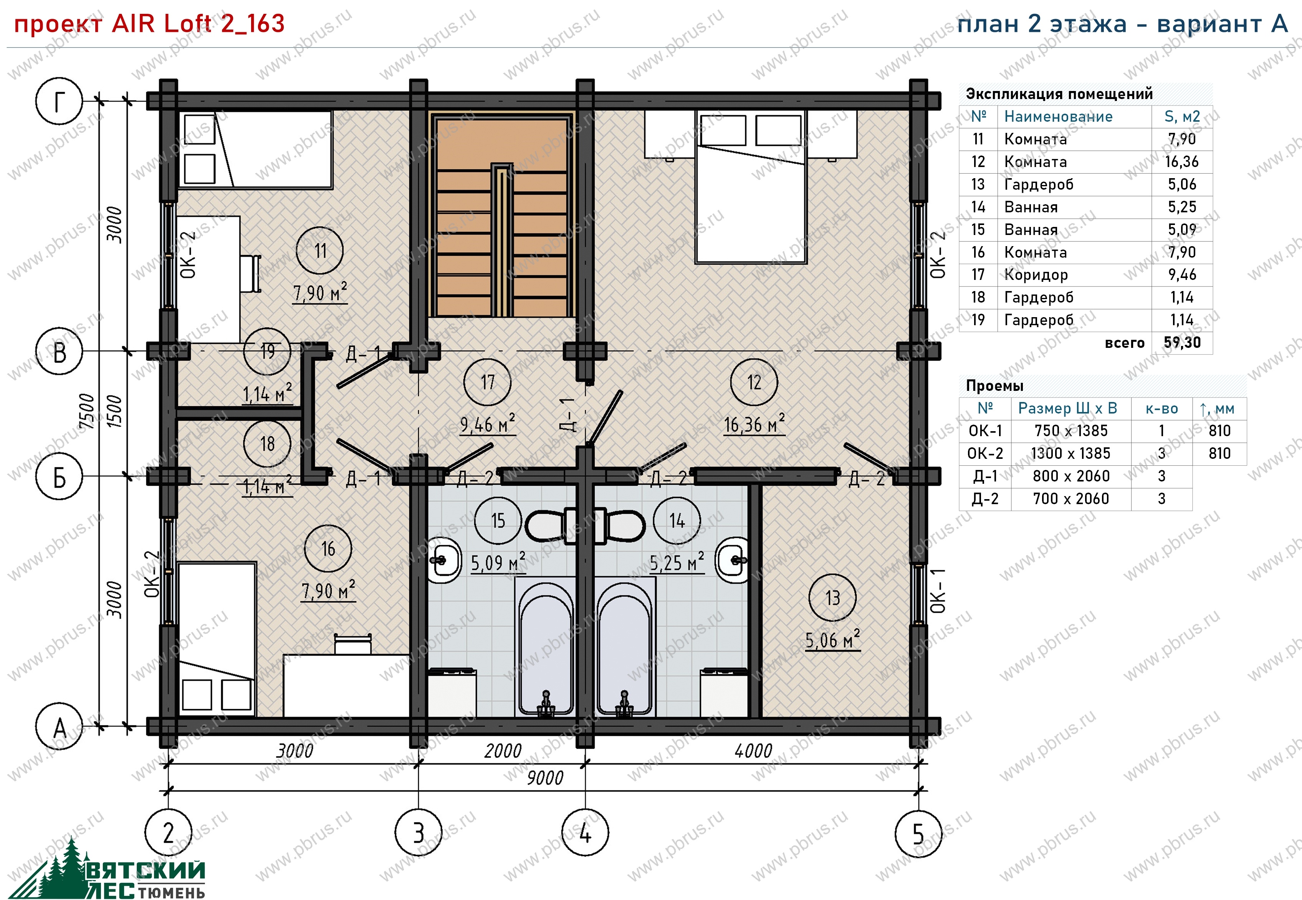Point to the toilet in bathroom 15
pyautogui.click(x=550, y=526)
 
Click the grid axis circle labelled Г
pyautogui.click(x=59, y=101)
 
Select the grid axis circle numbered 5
pyautogui.click(x=918, y=833)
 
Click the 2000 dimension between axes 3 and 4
pyautogui.click(x=503, y=751)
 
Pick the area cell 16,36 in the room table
pyautogui.click(x=1182, y=162)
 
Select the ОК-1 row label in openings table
pyautogui.click(x=985, y=431)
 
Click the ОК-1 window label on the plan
pyautogui.click(x=937, y=591)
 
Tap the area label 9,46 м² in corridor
pyautogui.click(x=488, y=424)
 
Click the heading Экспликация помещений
pyautogui.click(x=1059, y=94)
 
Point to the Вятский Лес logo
pyautogui.click(x=110, y=871)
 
